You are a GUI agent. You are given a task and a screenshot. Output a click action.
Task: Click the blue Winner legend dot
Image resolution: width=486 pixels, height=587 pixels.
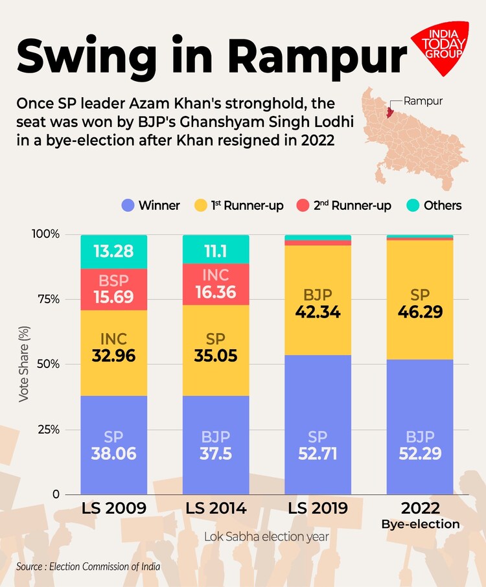[128, 205]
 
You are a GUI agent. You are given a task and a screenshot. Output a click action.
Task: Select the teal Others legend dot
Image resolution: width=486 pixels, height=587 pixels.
[413, 205]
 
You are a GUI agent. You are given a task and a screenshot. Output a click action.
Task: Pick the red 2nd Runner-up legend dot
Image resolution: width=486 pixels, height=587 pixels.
[303, 205]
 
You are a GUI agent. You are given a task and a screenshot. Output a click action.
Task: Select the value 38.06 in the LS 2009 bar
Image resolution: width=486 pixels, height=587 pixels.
[113, 454]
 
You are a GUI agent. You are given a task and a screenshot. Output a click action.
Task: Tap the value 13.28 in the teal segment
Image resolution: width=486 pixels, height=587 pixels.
[113, 251]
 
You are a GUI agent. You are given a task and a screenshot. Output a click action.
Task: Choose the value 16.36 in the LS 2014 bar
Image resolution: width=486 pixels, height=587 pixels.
[216, 292]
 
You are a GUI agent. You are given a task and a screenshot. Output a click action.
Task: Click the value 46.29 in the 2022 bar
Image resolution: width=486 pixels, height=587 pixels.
[420, 312]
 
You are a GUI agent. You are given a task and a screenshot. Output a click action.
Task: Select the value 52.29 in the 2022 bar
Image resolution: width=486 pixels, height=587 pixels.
[420, 454]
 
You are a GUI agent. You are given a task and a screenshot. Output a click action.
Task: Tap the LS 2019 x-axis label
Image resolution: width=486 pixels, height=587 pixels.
[318, 508]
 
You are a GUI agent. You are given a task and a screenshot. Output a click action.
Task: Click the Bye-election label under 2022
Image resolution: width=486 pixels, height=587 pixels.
[420, 524]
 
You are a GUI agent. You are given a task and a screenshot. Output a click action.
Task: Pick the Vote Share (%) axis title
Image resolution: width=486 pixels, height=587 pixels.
[24, 363]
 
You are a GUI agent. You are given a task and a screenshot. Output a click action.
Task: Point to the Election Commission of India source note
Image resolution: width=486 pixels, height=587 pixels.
[88, 567]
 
